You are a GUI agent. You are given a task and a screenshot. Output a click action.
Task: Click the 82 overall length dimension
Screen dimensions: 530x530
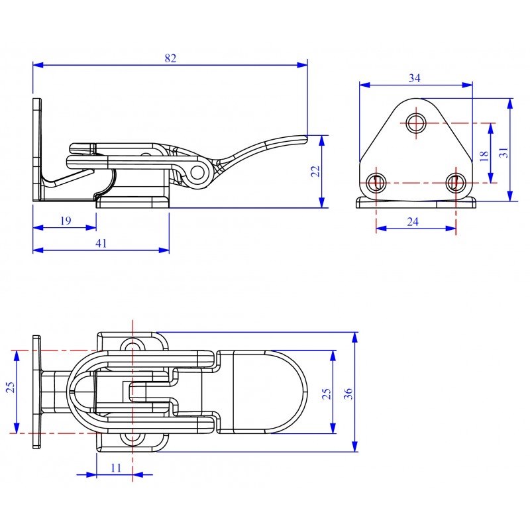click(171, 58)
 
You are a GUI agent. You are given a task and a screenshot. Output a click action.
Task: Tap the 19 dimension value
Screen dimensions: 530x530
click(66, 221)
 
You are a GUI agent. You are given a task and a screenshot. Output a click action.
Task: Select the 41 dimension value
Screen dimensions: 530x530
click(101, 243)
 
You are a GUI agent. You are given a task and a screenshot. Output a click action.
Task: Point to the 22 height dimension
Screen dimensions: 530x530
click(315, 172)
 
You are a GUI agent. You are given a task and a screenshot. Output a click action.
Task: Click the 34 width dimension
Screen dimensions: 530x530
click(415, 78)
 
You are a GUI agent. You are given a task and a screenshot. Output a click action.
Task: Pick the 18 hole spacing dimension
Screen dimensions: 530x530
click(484, 156)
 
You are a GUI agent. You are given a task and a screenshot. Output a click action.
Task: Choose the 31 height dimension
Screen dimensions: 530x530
click(504, 152)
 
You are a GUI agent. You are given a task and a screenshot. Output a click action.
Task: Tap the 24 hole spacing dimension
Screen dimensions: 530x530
click(413, 222)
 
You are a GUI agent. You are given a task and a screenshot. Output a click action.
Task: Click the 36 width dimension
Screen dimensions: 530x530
click(348, 394)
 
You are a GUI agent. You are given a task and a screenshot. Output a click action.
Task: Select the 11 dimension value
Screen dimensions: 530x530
click(115, 468)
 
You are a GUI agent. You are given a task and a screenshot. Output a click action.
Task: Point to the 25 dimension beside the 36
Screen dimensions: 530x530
click(327, 394)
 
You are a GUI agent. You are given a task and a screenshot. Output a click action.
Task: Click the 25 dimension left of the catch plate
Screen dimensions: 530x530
click(11, 388)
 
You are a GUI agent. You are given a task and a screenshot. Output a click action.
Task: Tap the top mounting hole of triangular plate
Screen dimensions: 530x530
click(416, 123)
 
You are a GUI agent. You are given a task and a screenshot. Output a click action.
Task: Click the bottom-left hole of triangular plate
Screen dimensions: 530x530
click(376, 183)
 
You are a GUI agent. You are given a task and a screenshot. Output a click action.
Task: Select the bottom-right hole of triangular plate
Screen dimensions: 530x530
click(455, 183)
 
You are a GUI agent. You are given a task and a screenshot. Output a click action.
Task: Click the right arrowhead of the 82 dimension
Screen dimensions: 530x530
click(302, 65)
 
